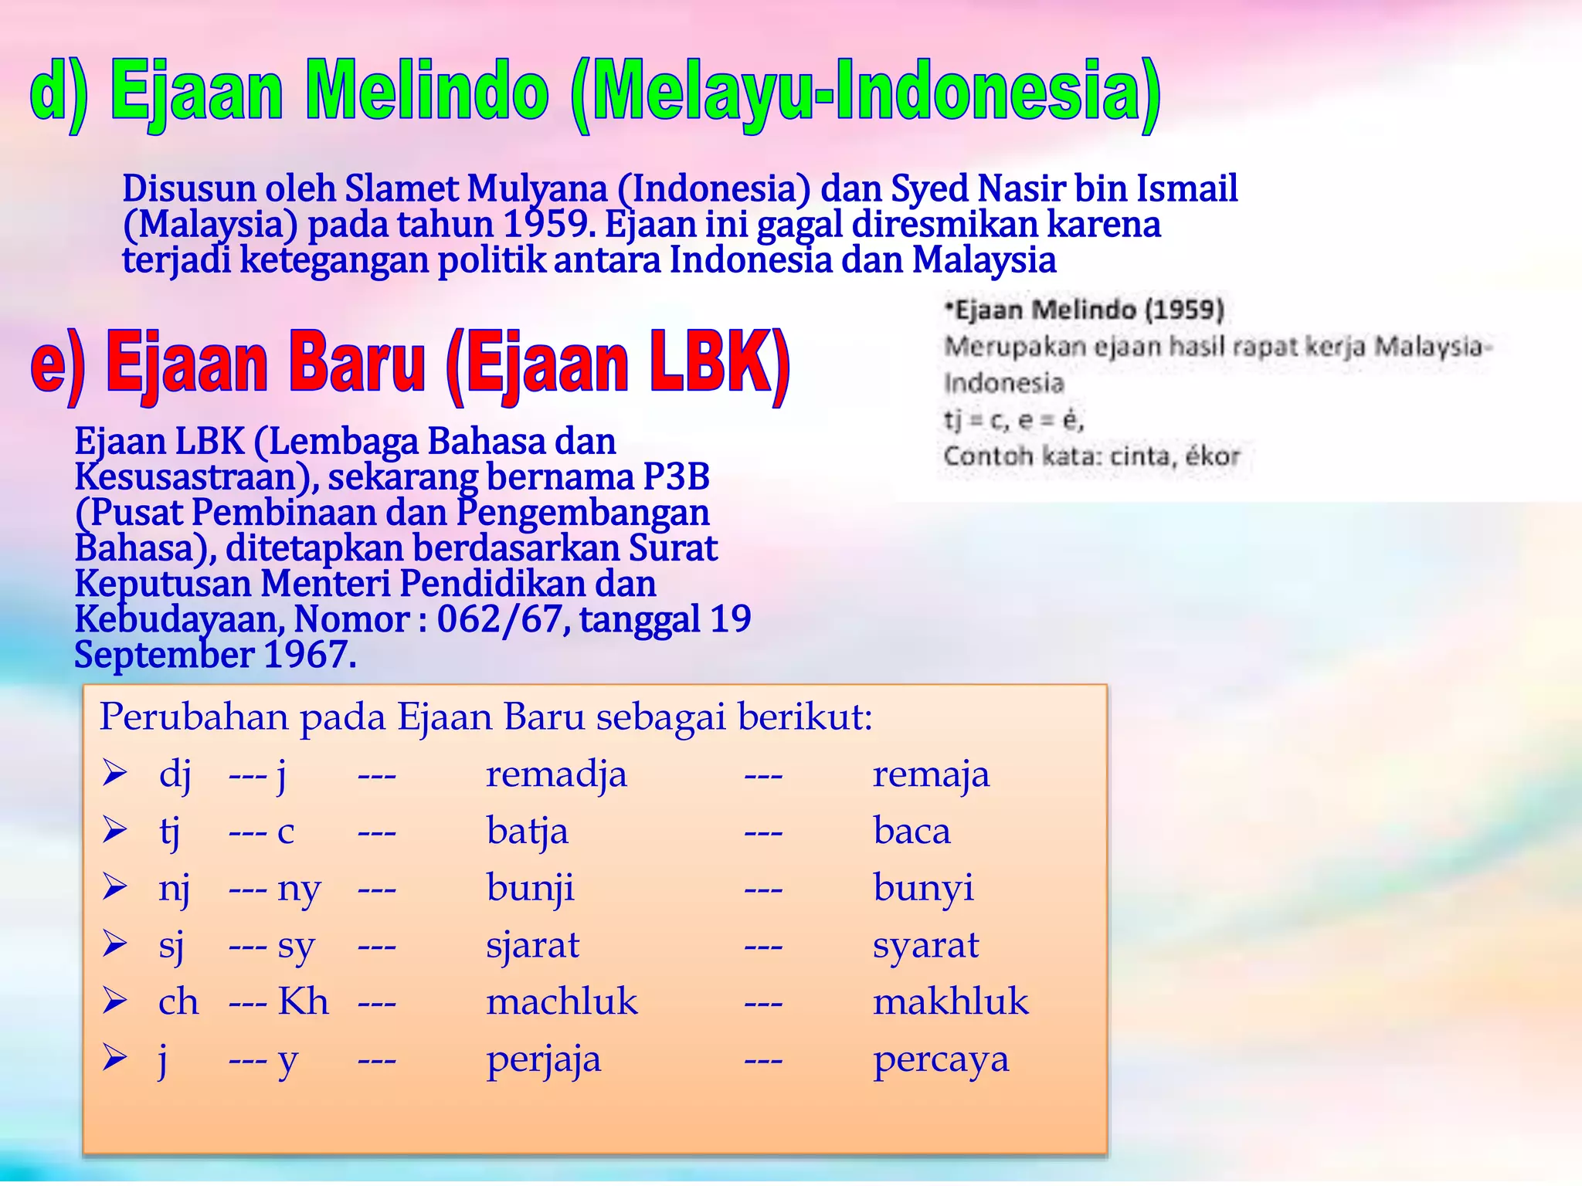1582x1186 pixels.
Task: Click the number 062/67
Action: (x=499, y=619)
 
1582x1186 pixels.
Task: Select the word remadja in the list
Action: (x=556, y=774)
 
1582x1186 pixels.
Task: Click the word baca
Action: (x=912, y=832)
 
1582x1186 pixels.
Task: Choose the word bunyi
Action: (x=923, y=889)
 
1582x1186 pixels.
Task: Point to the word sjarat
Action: (x=532, y=946)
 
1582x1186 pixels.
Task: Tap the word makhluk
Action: (x=951, y=1002)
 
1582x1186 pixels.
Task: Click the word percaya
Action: (x=941, y=1060)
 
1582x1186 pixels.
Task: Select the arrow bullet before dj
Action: (x=115, y=774)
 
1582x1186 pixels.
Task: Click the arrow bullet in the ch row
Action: (x=115, y=1001)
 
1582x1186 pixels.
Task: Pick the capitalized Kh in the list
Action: (x=303, y=1001)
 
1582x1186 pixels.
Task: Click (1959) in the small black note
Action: (x=1184, y=310)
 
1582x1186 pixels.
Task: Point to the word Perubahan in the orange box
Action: (x=193, y=717)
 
